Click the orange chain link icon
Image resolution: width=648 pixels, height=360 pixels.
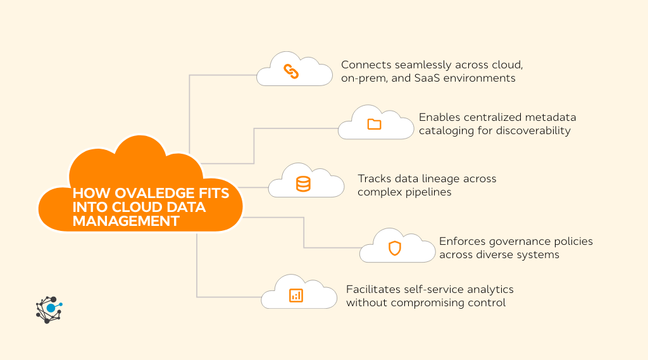tap(292, 72)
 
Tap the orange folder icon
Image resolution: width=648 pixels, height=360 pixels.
tap(374, 124)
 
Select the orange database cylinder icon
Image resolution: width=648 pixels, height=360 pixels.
tap(304, 184)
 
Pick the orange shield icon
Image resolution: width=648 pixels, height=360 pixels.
tap(394, 248)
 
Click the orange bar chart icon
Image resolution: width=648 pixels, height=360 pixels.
tap(296, 295)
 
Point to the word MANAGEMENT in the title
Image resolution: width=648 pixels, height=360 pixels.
tap(125, 221)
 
